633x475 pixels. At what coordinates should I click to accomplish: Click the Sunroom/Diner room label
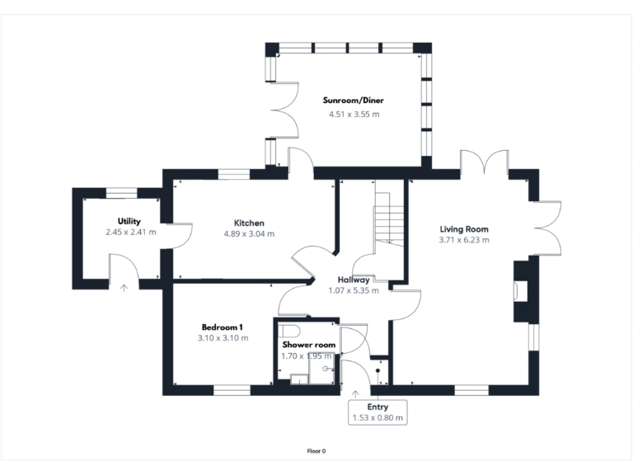(353, 101)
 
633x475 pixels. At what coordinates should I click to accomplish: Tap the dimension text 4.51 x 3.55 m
(353, 114)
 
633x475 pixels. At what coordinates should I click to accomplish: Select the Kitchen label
(249, 223)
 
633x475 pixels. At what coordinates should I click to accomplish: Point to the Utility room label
(129, 221)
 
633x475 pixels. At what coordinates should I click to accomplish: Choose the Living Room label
(463, 229)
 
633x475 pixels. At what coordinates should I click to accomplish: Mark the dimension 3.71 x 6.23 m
(463, 240)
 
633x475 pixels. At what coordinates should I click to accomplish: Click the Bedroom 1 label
(223, 327)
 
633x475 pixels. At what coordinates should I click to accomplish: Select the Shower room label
(308, 344)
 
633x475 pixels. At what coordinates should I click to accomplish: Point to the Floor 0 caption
(316, 451)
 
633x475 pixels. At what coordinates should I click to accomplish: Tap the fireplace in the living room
(520, 290)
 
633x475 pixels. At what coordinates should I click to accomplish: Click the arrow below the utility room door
(124, 288)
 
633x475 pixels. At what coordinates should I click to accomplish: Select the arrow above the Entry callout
(356, 393)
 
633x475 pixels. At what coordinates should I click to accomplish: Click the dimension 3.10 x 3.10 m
(223, 338)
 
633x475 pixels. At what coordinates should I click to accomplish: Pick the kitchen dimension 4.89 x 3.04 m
(249, 234)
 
